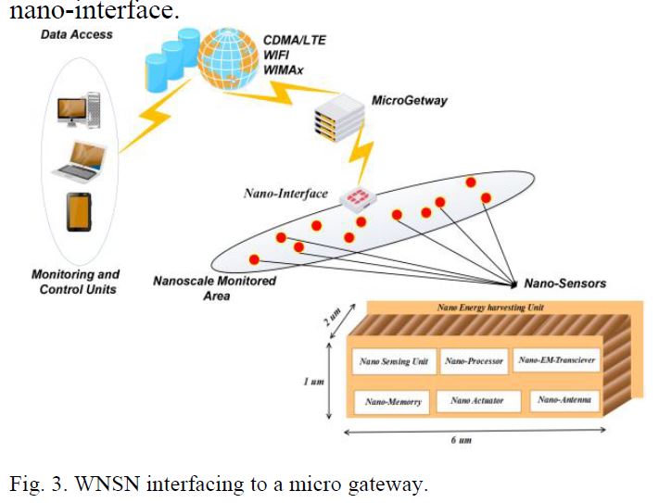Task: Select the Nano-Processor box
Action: (474, 361)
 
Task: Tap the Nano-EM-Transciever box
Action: (556, 360)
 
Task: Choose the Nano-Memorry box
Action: (392, 402)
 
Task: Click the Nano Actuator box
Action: (473, 401)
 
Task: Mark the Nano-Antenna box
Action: (564, 400)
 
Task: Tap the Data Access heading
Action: (76, 34)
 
